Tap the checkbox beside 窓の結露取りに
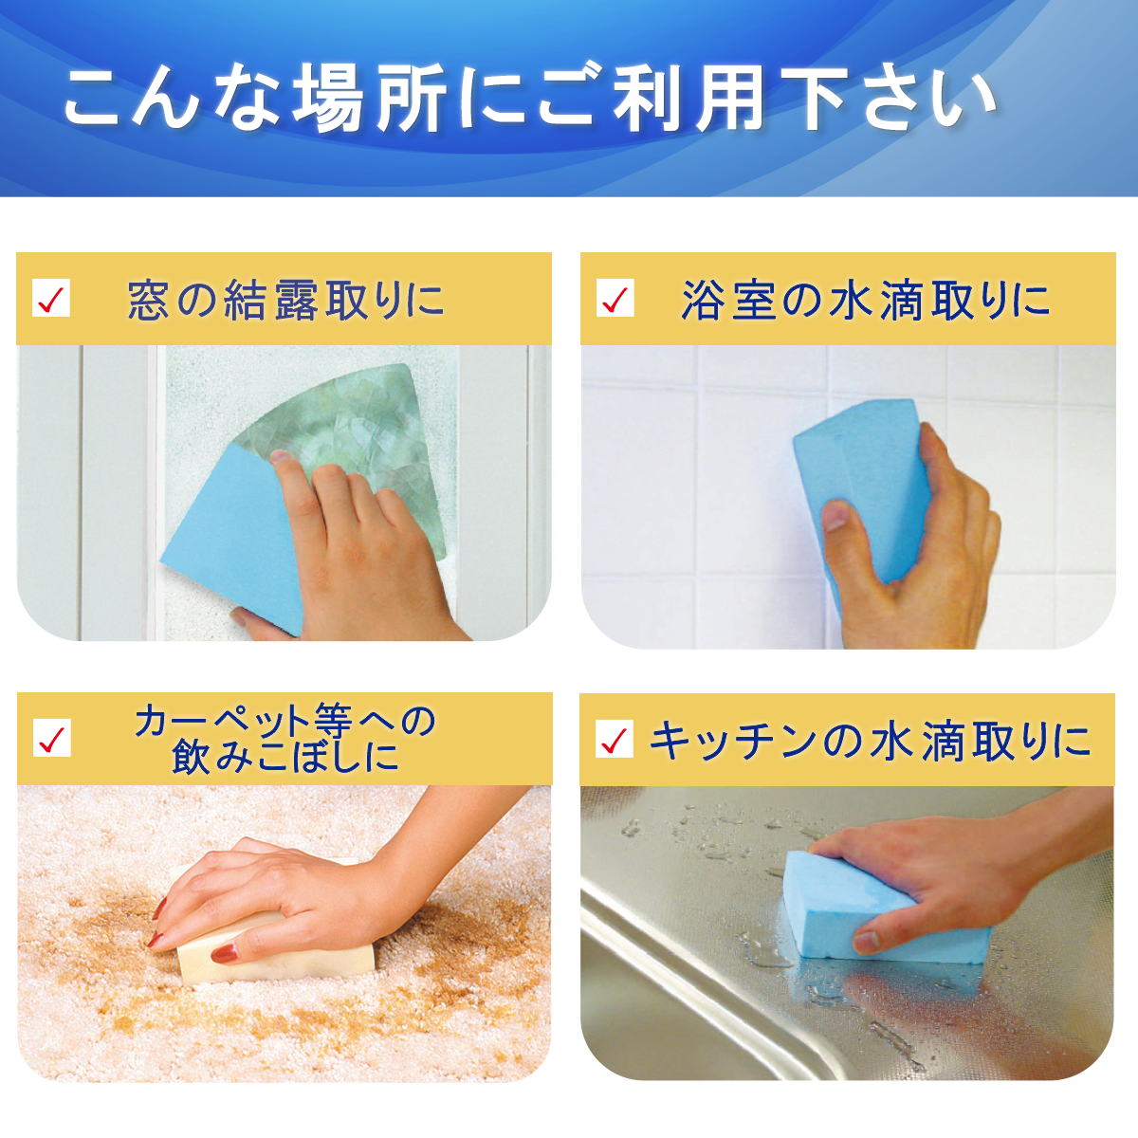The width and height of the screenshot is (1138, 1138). tap(51, 298)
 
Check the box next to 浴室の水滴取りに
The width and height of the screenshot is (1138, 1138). tap(615, 298)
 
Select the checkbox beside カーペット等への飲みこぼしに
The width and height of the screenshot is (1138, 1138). tap(51, 738)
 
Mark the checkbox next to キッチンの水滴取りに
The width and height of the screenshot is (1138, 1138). tap(615, 739)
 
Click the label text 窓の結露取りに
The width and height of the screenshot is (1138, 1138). tap(285, 300)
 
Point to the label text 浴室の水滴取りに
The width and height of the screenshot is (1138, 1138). tap(865, 300)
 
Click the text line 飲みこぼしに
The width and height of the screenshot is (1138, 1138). tap(285, 757)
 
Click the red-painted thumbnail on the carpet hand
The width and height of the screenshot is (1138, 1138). tap(225, 952)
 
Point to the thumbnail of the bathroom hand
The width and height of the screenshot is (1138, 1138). tap(835, 516)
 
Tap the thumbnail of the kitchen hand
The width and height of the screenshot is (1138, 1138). tap(867, 942)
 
